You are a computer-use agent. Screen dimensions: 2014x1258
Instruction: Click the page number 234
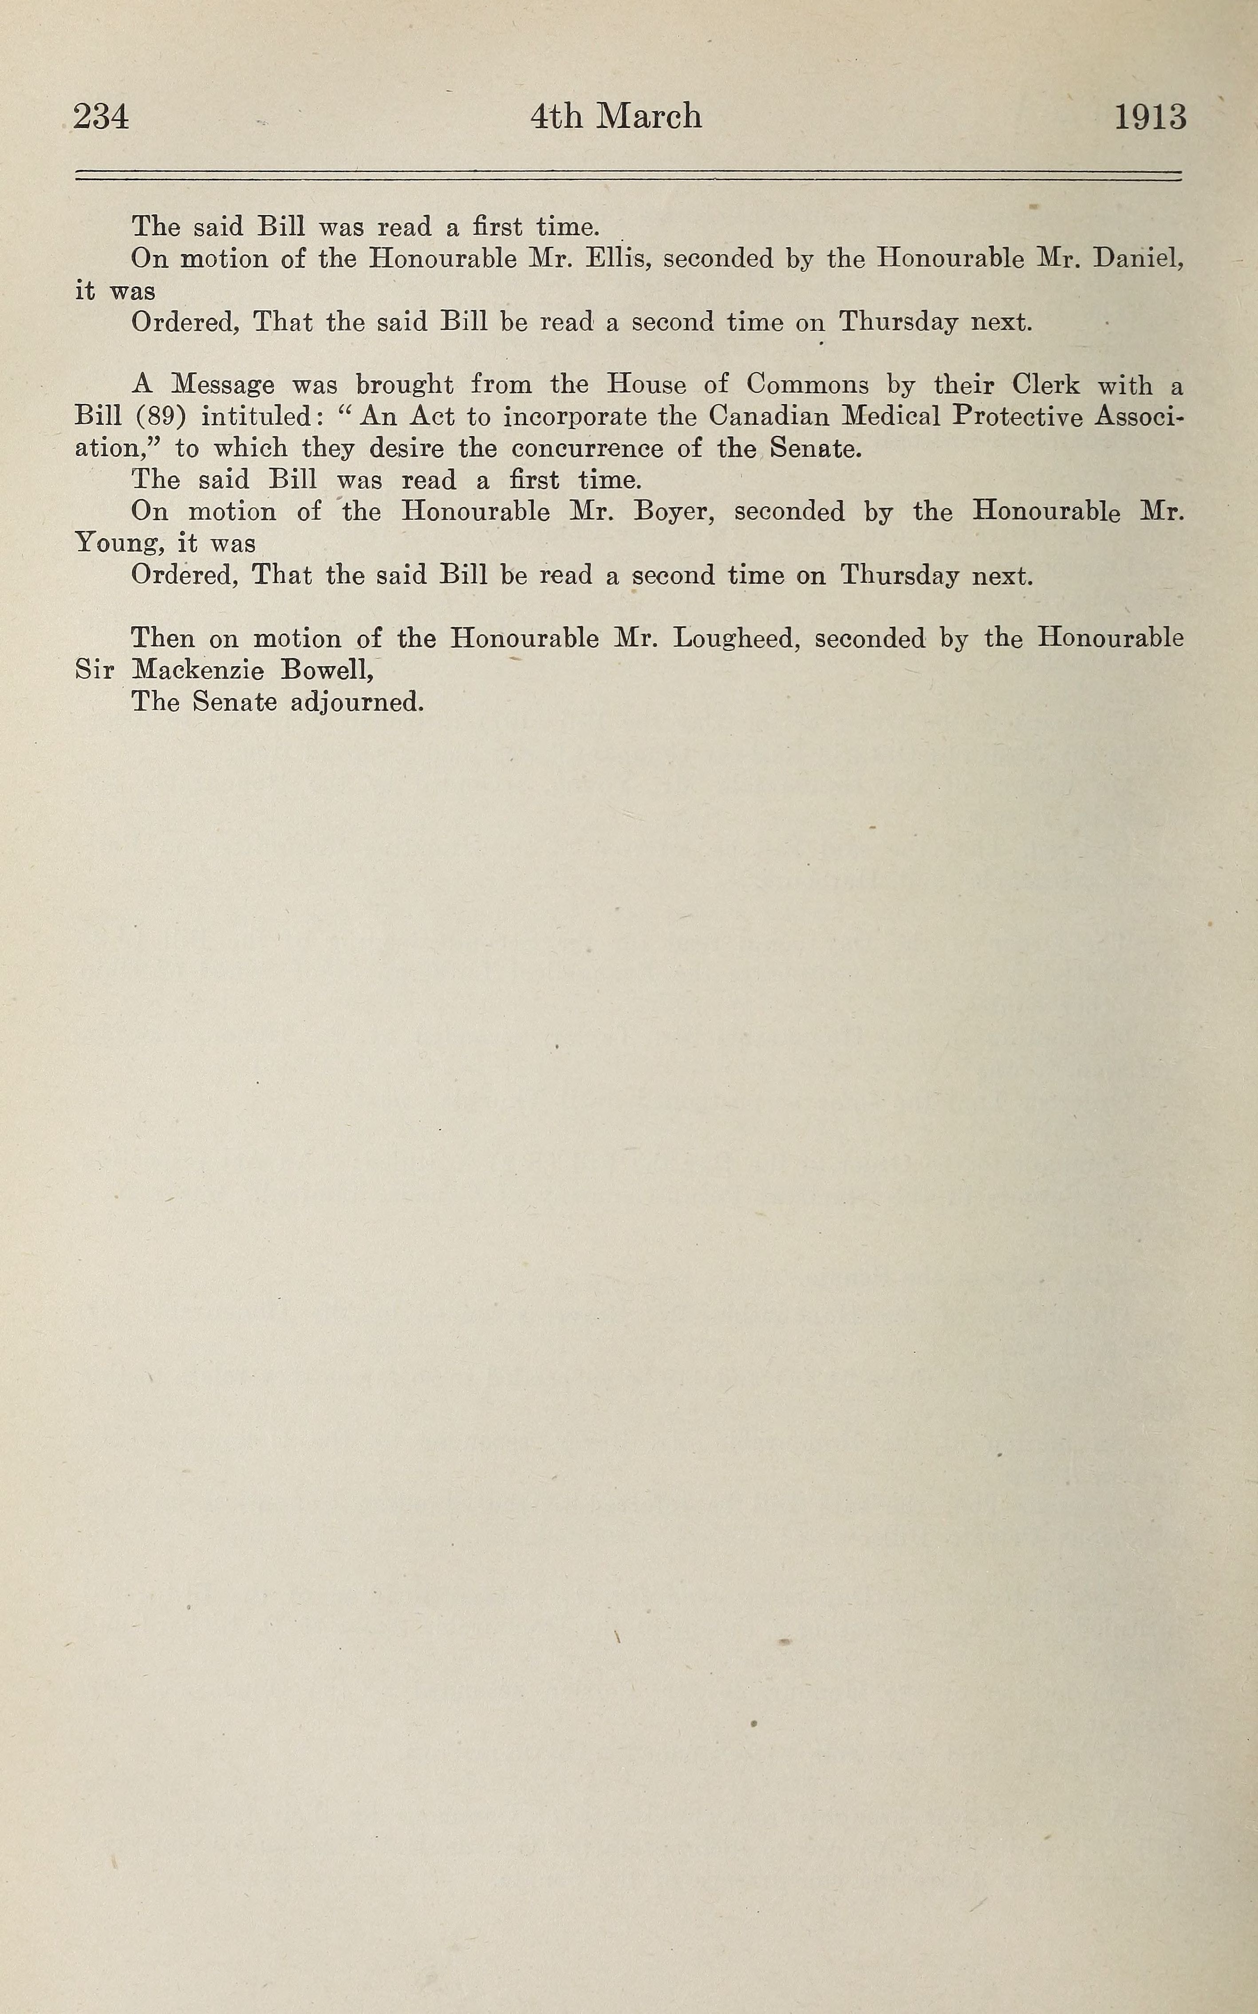click(x=101, y=116)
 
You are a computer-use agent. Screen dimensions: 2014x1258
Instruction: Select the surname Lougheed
click(x=736, y=639)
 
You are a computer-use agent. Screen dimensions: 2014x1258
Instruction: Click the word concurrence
click(x=588, y=449)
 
